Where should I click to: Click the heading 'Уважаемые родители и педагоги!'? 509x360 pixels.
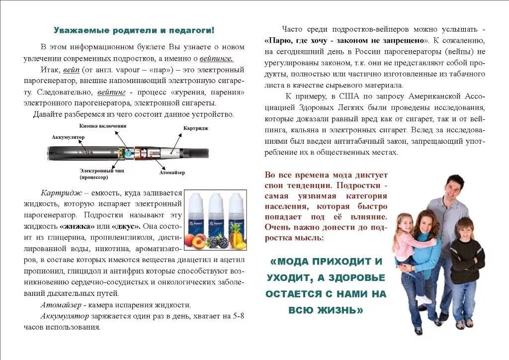pyautogui.click(x=134, y=30)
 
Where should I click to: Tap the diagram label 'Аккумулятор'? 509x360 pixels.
pyautogui.click(x=68, y=137)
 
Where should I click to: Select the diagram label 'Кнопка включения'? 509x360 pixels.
pyautogui.click(x=102, y=126)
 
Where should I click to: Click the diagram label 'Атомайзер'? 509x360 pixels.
pyautogui.click(x=172, y=173)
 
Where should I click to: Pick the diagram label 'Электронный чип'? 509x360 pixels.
pyautogui.click(x=98, y=171)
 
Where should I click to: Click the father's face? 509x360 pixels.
pyautogui.click(x=453, y=188)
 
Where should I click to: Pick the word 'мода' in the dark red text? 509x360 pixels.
pyautogui.click(x=338, y=175)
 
